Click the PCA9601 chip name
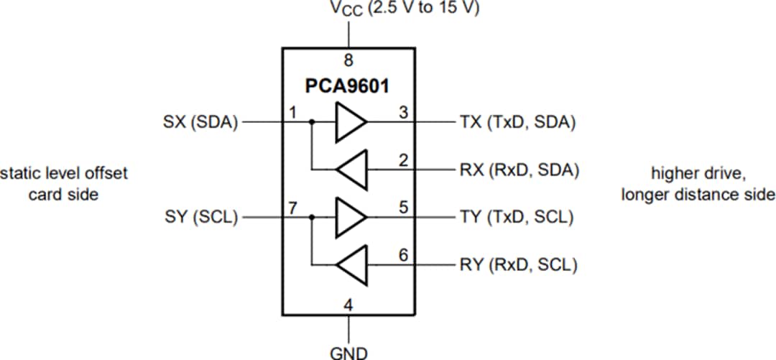(x=348, y=87)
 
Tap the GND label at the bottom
(x=348, y=353)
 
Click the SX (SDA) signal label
(x=200, y=122)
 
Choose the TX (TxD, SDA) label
(x=517, y=122)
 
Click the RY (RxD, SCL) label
(x=517, y=265)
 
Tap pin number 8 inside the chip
(x=348, y=60)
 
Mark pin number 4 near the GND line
(x=348, y=305)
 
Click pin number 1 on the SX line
(x=292, y=113)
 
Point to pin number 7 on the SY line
(x=292, y=208)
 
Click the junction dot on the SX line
(x=310, y=122)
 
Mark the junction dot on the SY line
(x=310, y=217)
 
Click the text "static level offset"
(x=65, y=173)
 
